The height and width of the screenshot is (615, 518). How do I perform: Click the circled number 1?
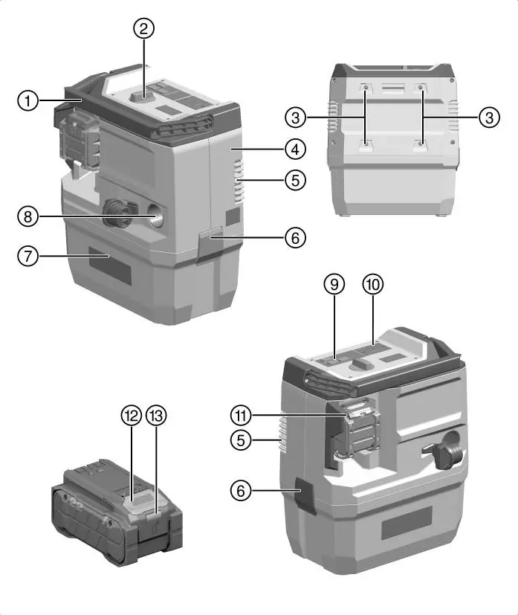[x=27, y=101]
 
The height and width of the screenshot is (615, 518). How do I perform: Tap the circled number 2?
[x=143, y=29]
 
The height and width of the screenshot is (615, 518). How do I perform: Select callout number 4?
[x=295, y=149]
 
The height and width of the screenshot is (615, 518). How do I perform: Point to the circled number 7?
[x=27, y=257]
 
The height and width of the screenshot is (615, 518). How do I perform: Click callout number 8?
[x=27, y=216]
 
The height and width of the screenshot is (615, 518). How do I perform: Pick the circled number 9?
[x=334, y=284]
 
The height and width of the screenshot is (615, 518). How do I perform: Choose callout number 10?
[x=372, y=284]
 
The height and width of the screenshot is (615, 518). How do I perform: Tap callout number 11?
[x=241, y=415]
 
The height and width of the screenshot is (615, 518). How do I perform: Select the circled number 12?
[x=131, y=415]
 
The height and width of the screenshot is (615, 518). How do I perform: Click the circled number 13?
[x=156, y=415]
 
